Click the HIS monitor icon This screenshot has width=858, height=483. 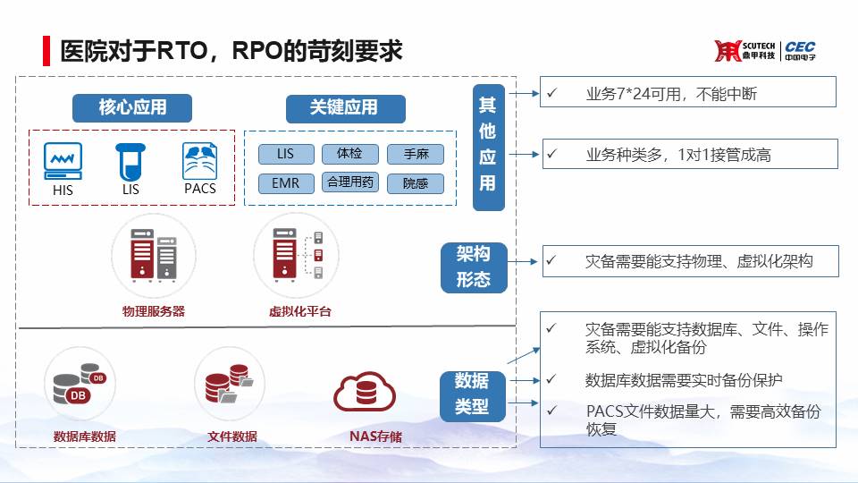pyautogui.click(x=63, y=161)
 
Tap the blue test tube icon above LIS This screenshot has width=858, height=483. pyautogui.click(x=130, y=162)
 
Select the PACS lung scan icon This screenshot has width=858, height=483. pyautogui.click(x=199, y=161)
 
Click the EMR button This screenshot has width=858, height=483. pyautogui.click(x=286, y=182)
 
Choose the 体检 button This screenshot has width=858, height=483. pyautogui.click(x=349, y=154)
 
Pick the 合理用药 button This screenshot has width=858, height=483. pyautogui.click(x=349, y=182)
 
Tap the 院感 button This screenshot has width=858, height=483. pyautogui.click(x=416, y=183)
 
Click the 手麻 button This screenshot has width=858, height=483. pyautogui.click(x=416, y=155)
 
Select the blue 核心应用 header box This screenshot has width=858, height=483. pyautogui.click(x=132, y=108)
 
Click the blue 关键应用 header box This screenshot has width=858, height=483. pyautogui.click(x=345, y=108)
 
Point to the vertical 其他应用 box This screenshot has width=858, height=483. pyautogui.click(x=488, y=148)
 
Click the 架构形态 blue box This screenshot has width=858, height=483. pyautogui.click(x=474, y=267)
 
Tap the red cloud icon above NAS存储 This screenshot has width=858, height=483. pyautogui.click(x=365, y=392)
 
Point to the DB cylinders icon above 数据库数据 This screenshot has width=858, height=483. pyautogui.click(x=80, y=384)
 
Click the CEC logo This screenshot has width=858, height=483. pyautogui.click(x=800, y=51)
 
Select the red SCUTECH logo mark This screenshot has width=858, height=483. pyautogui.click(x=728, y=51)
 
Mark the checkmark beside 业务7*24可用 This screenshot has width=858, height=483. pyautogui.click(x=552, y=92)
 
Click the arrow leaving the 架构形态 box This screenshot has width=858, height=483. pyautogui.click(x=523, y=262)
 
